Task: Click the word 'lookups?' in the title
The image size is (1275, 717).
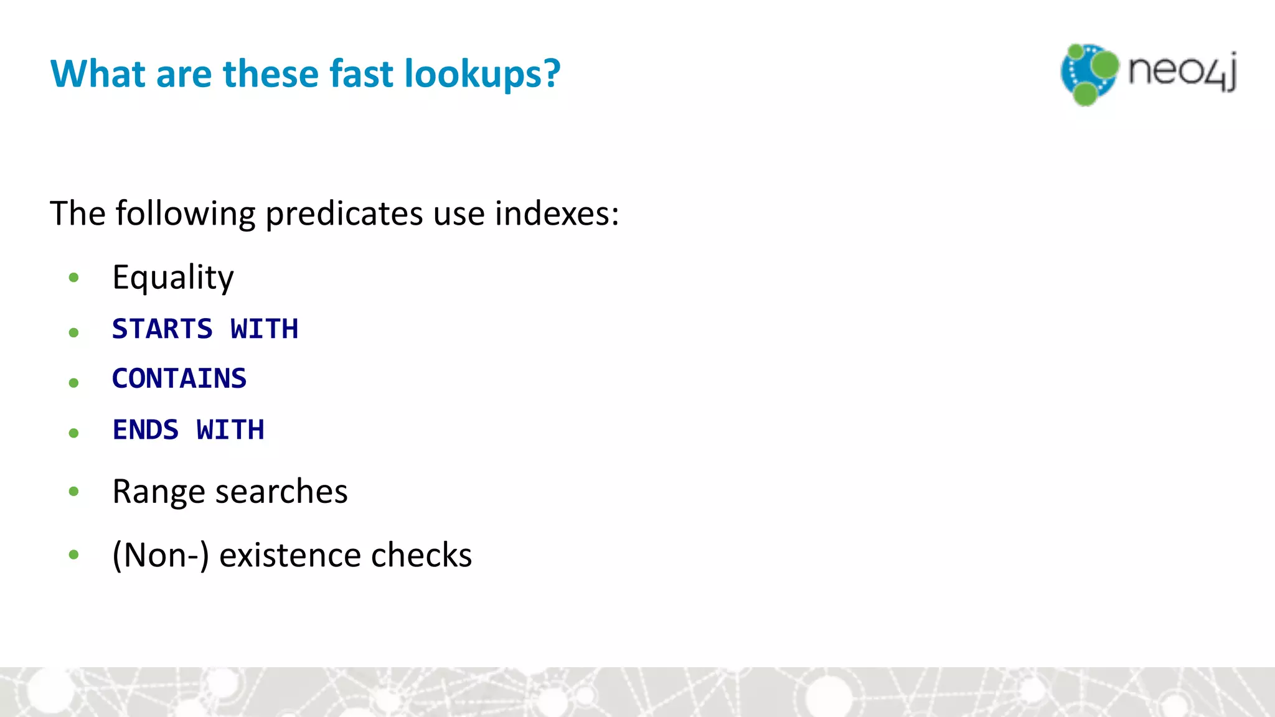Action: click(482, 74)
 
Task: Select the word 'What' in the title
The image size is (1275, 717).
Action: click(98, 73)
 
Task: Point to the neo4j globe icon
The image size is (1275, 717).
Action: click(1089, 74)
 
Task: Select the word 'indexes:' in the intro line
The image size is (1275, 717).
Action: click(557, 213)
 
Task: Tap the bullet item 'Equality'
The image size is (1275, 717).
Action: click(173, 278)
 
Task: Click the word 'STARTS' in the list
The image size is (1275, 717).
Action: click(162, 329)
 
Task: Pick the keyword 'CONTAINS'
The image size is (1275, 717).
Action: click(179, 378)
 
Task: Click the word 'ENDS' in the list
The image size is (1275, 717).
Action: click(146, 430)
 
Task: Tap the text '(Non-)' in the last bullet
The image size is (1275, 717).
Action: click(160, 555)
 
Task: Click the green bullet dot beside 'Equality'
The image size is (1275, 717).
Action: click(74, 278)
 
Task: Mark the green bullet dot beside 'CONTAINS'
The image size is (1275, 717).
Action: click(74, 382)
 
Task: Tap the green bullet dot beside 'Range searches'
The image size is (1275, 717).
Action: click(74, 492)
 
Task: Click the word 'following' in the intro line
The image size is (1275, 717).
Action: click(185, 214)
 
